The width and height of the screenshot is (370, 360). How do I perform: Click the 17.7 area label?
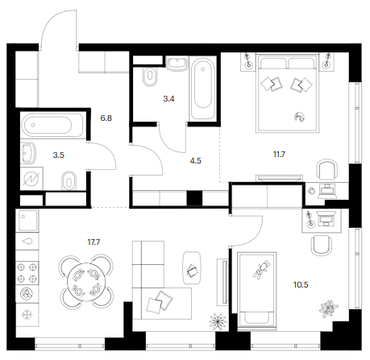tap(94, 242)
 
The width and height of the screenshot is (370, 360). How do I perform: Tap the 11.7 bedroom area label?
tap(279, 155)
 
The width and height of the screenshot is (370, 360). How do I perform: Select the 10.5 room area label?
tap(301, 284)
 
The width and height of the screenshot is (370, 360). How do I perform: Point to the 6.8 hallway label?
tap(106, 118)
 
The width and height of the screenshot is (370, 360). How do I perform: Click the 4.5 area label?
tap(195, 160)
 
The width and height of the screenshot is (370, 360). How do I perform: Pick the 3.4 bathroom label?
tap(168, 99)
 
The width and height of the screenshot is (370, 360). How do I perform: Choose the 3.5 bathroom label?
tap(58, 155)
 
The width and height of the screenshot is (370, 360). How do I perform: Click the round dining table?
tap(86, 282)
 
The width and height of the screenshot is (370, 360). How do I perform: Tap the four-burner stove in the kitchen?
tap(27, 273)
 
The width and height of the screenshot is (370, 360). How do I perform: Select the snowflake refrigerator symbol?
tap(27, 315)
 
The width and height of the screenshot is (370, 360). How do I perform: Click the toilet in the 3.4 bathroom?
tap(150, 77)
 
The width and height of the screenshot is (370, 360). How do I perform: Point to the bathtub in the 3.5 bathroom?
tap(52, 125)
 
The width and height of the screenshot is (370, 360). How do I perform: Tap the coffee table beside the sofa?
tap(192, 267)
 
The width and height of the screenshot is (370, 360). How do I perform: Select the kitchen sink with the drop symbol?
tap(27, 242)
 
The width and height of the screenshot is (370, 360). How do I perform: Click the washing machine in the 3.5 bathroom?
tap(31, 179)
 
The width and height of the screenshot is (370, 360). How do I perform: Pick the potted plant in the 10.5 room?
tap(328, 308)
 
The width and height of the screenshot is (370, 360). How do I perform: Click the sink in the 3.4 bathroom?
tap(177, 64)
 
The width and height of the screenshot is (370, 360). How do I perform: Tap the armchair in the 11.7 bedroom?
tap(326, 169)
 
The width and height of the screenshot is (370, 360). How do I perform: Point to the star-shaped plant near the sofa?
tap(218, 321)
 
